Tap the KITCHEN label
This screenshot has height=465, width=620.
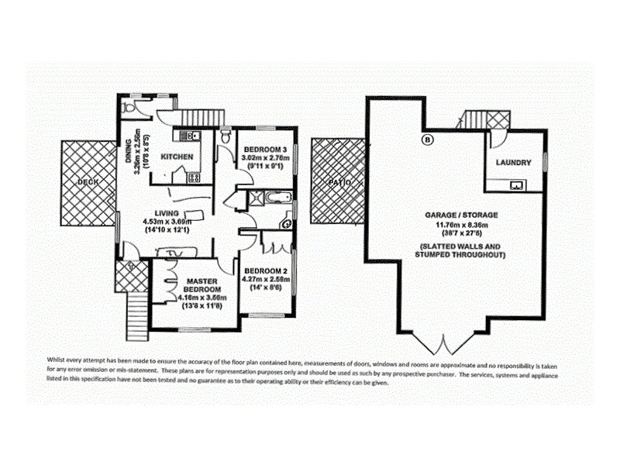coord(177,157)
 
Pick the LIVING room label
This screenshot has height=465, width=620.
coord(167,213)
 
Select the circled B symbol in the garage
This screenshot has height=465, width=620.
coord(425,140)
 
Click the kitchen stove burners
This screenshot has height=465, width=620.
coord(194,177)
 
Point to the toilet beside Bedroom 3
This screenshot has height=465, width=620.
coord(225,136)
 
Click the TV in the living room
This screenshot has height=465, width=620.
coord(184,252)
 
